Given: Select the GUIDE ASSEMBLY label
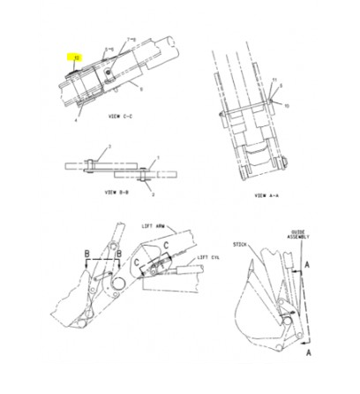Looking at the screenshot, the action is coord(298,235).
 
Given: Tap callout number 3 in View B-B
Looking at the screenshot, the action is coord(109,147).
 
